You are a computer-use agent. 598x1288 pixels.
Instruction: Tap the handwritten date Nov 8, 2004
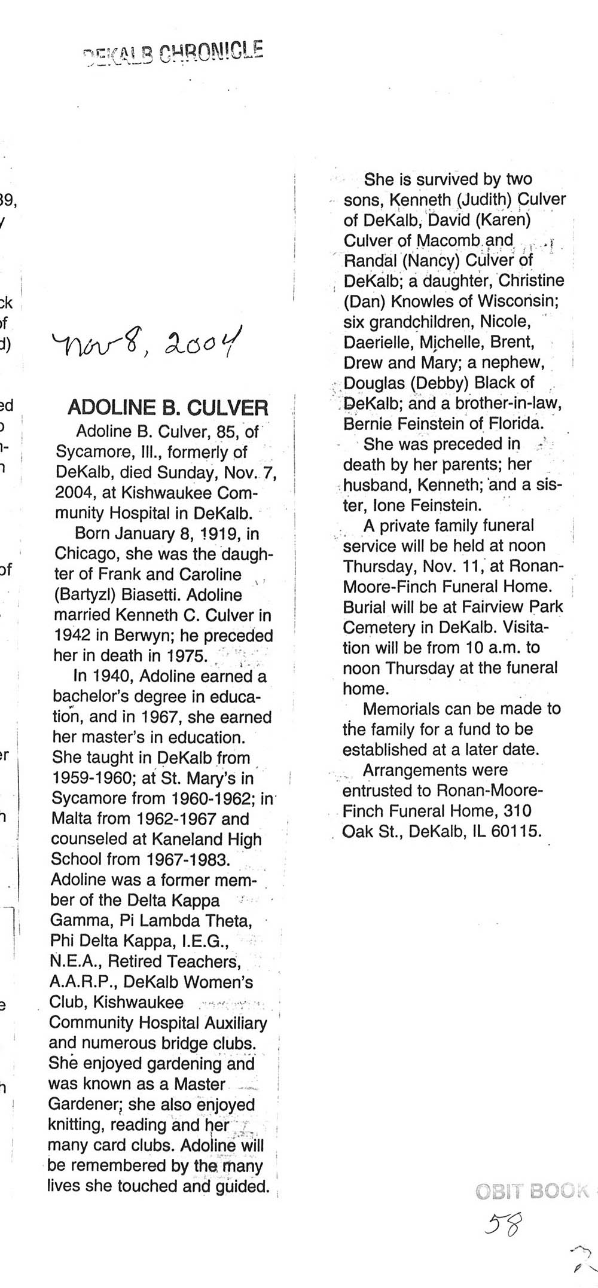tap(147, 343)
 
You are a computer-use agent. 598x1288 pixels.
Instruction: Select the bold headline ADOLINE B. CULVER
tap(168, 408)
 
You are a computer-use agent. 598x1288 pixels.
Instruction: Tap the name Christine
tap(531, 280)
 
